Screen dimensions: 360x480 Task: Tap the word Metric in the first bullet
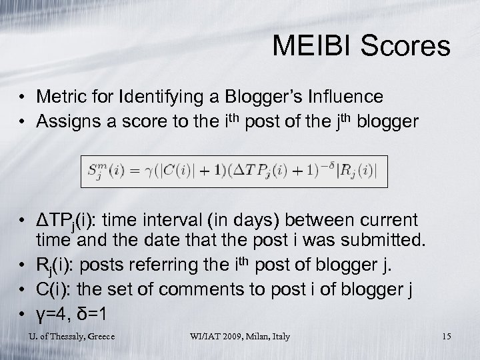pyautogui.click(x=59, y=97)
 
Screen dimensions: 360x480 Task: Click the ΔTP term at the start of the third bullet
pyautogui.click(x=55, y=221)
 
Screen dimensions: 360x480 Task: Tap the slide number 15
pyautogui.click(x=446, y=336)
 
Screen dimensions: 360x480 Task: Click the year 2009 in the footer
pyautogui.click(x=223, y=336)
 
